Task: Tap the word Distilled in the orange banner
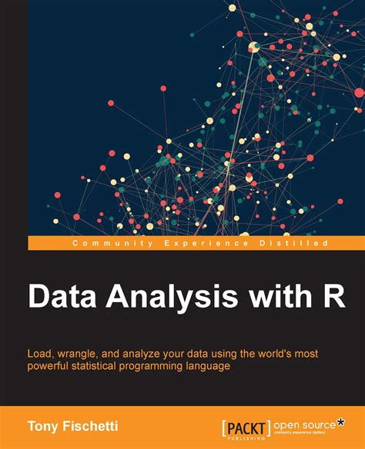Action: (289, 244)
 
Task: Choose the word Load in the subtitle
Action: (43, 352)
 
